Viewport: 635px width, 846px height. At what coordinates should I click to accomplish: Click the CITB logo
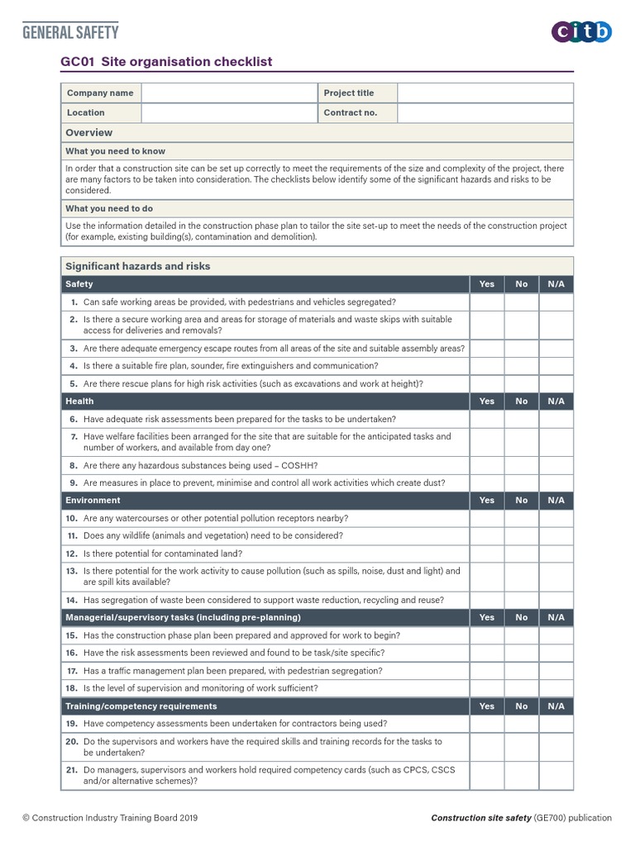click(x=582, y=32)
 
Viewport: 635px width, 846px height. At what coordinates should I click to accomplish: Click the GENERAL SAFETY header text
click(x=70, y=32)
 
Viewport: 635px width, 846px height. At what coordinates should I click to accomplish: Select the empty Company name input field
click(x=229, y=93)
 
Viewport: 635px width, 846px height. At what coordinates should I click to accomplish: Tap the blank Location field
click(x=229, y=112)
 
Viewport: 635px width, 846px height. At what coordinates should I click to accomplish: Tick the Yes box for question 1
click(x=487, y=302)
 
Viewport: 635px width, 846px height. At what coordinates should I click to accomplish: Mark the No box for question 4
click(x=521, y=365)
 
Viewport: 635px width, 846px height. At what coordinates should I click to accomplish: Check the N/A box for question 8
click(x=556, y=465)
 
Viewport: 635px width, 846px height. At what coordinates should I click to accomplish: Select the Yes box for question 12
click(x=487, y=554)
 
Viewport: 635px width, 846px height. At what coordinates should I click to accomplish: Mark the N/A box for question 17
click(x=556, y=671)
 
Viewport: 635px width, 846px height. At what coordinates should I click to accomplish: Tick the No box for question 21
click(x=521, y=775)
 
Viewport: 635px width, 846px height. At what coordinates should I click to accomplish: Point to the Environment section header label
click(x=93, y=500)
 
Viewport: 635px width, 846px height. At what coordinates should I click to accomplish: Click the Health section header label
click(x=79, y=401)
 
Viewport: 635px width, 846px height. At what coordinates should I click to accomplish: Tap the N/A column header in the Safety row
click(x=556, y=283)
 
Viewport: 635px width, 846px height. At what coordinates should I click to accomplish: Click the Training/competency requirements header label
click(x=141, y=706)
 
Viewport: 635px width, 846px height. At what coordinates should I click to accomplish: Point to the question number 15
click(x=71, y=635)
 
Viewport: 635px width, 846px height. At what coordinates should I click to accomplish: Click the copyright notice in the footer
click(x=110, y=818)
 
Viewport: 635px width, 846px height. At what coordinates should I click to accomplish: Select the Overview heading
click(x=89, y=132)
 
